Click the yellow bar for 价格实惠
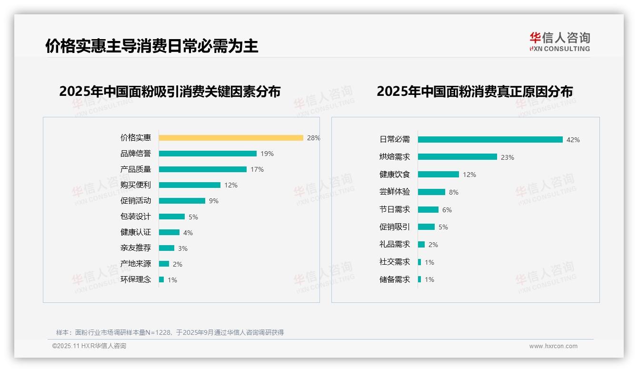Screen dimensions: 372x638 coord(231,138)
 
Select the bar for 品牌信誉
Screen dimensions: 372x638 coord(208,154)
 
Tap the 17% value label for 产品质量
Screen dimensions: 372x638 coord(257,169)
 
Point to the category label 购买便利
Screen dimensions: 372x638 coord(136,185)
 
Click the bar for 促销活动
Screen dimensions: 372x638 coord(182,201)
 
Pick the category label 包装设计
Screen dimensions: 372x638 coord(136,217)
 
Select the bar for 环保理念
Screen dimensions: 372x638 coord(161,279)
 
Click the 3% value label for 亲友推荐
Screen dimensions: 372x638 coord(183,248)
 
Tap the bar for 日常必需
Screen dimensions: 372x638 coord(490,140)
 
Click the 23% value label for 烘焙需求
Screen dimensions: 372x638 coord(508,157)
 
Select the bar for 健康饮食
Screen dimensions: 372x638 coord(439,175)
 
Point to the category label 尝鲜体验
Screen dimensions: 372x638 coord(395,192)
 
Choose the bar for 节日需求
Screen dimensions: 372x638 coord(428,209)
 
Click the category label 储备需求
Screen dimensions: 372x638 coord(395,279)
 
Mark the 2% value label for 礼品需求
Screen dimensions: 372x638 coord(433,245)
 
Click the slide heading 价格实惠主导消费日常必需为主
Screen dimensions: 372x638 coord(152,46)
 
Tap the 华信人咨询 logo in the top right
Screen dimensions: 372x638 coord(559,42)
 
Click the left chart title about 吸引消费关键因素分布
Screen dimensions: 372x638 coord(170,91)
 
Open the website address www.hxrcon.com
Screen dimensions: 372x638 coord(553,346)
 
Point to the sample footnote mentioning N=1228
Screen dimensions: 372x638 coord(170,332)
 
